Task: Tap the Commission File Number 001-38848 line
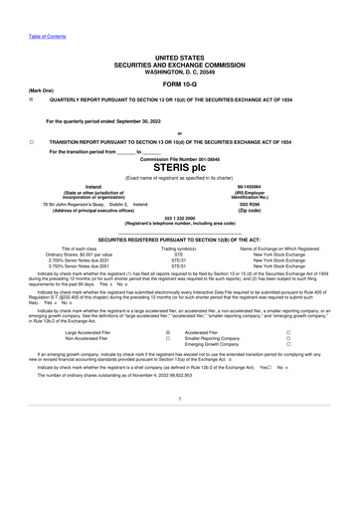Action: point(180,156)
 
